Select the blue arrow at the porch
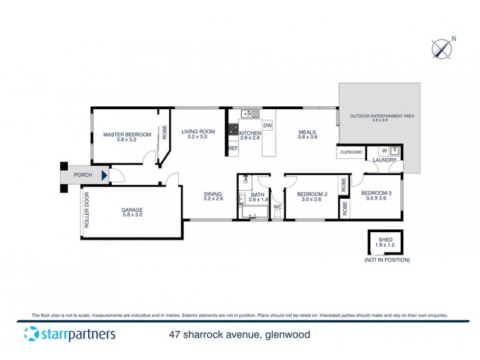pos(105,176)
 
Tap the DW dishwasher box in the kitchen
pos(268,125)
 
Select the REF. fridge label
pos(233,148)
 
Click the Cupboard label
pos(351,152)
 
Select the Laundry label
pos(384,160)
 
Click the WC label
pos(277,207)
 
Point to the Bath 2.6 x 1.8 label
pos(257,197)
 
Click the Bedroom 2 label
pos(313,197)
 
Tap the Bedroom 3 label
pos(376,196)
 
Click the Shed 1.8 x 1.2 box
pos(385,242)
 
